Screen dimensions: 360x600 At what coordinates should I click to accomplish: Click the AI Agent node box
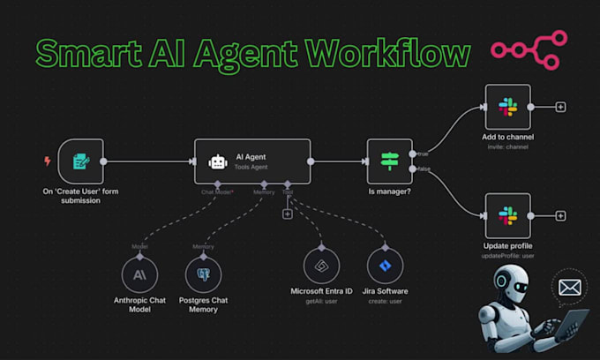(252, 161)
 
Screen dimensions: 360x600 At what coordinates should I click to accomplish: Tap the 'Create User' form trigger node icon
(81, 161)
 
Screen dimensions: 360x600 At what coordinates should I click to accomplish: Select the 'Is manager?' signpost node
(389, 161)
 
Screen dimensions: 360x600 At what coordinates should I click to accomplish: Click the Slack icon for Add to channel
(507, 107)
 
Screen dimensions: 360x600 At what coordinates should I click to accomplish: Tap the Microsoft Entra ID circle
(321, 265)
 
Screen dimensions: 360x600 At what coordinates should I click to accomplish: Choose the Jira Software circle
(384, 265)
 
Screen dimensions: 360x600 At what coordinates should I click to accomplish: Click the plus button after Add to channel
(560, 107)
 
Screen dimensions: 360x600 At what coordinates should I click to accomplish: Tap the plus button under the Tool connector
(287, 214)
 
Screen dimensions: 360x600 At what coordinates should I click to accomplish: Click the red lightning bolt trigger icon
(47, 161)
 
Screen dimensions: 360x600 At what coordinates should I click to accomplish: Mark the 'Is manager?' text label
(389, 191)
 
